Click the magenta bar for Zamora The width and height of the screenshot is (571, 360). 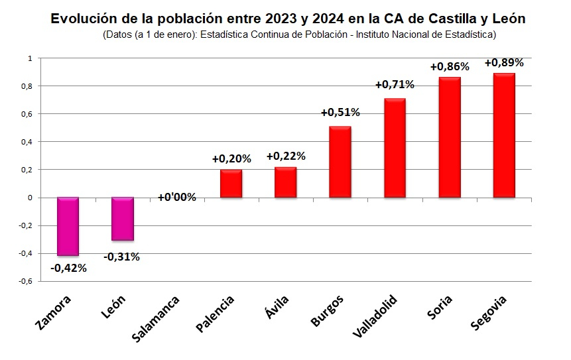pyautogui.click(x=68, y=226)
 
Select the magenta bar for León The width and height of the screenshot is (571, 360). pyautogui.click(x=123, y=219)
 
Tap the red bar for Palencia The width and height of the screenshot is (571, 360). pyautogui.click(x=231, y=184)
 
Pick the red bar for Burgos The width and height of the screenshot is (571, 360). pyautogui.click(x=340, y=162)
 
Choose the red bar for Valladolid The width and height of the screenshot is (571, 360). pyautogui.click(x=395, y=148)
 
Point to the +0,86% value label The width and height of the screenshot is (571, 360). pyautogui.click(x=450, y=67)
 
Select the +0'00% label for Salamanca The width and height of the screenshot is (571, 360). pyautogui.click(x=176, y=197)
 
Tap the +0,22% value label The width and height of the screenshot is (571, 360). pyautogui.click(x=286, y=156)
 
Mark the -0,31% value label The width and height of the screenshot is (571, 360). pyautogui.click(x=122, y=257)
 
